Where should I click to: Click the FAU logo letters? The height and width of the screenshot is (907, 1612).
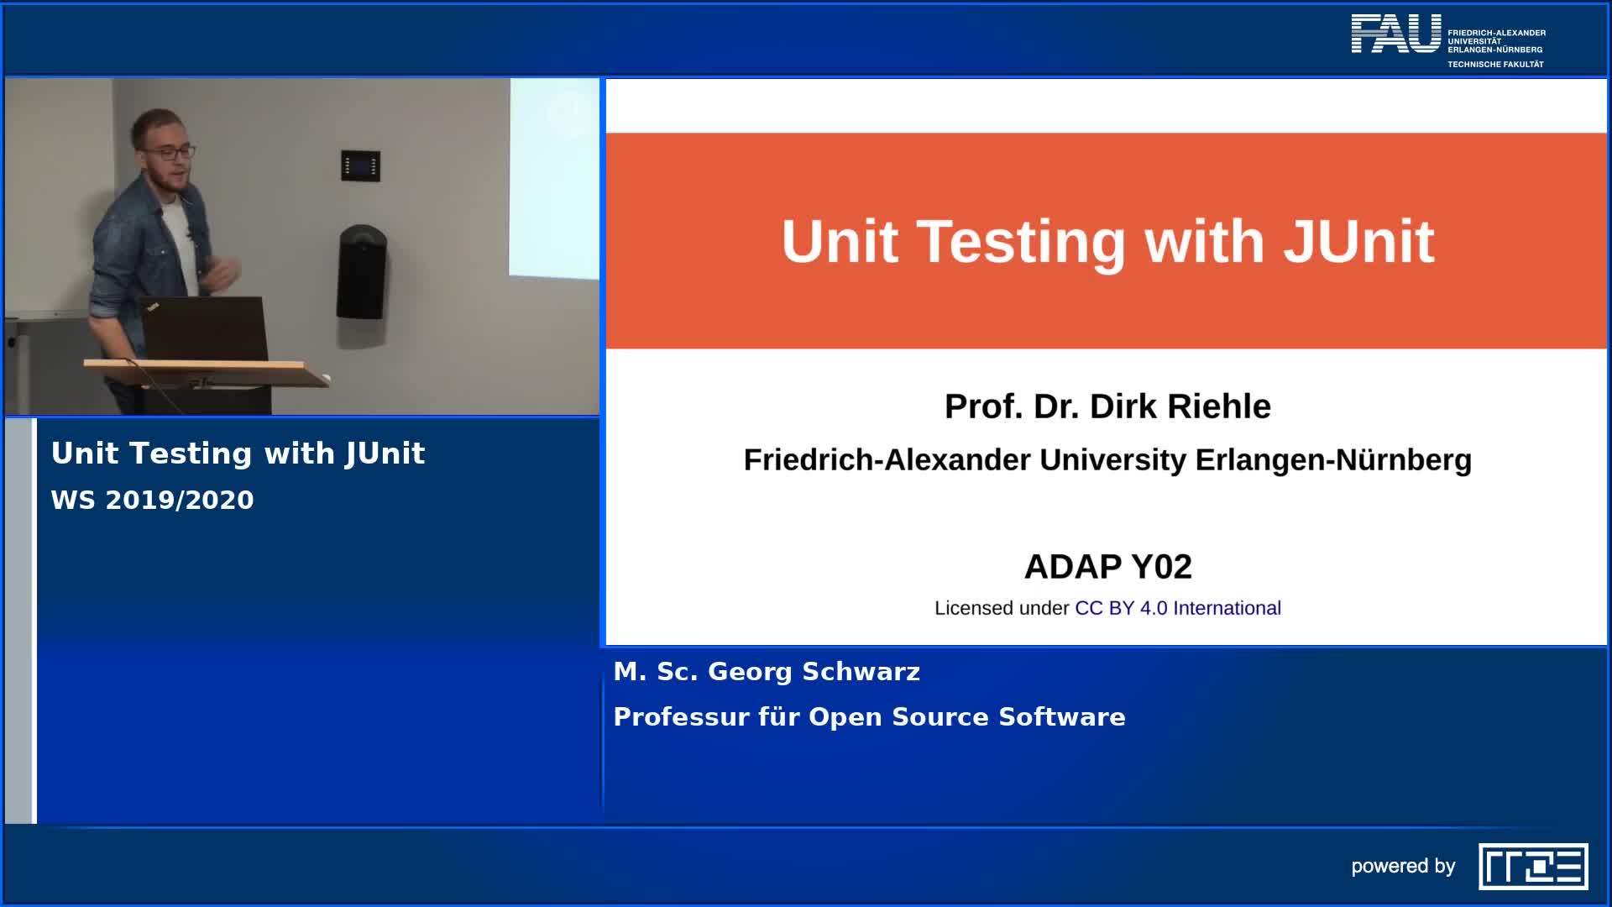[x=1395, y=34]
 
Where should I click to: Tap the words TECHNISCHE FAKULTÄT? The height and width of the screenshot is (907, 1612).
[x=1495, y=65]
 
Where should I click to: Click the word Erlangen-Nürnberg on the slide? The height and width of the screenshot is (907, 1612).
[x=1333, y=460]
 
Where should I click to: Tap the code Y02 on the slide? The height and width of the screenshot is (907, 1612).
[x=1161, y=567]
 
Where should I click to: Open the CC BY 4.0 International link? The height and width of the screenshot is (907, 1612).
[x=1178, y=608]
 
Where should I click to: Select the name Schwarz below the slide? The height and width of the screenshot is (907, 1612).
[x=861, y=672]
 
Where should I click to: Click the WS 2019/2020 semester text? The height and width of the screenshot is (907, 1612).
[x=153, y=501]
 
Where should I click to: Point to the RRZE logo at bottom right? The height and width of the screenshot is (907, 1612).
[x=1533, y=866]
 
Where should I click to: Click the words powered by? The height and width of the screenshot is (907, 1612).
[x=1403, y=866]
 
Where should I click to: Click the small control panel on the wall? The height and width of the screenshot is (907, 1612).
[x=360, y=165]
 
